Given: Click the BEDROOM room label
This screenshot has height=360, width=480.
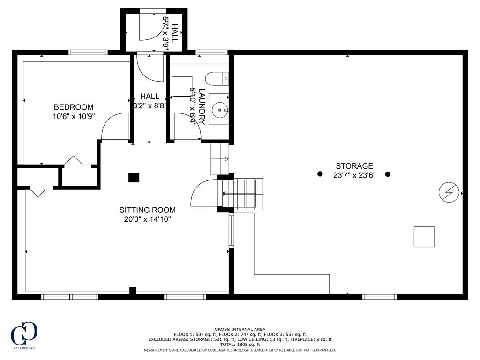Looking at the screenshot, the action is point(74,107).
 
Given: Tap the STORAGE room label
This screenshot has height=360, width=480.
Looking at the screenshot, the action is point(354,166).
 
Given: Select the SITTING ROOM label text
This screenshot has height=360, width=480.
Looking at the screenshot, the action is point(148,210).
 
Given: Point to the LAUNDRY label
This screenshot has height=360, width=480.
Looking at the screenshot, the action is point(202,106).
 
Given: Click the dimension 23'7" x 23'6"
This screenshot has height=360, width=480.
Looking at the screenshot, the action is point(354,175).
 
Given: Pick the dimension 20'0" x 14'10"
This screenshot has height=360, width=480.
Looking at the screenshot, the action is point(148,219).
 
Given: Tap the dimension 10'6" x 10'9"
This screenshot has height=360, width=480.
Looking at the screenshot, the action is point(74,116).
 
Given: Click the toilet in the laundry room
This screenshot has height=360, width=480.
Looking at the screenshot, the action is point(217,79).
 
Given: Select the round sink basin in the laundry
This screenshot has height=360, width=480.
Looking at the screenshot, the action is point(220,109).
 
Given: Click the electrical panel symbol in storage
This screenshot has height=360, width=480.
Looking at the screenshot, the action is point(449,192).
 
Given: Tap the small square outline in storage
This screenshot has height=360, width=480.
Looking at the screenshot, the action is point(424,237).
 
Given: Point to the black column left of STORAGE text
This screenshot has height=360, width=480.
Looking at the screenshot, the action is point(320,174).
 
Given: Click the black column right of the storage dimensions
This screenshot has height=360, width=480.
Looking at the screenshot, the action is point(388,174).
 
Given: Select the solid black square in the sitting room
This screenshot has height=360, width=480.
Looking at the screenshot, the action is point(134,178).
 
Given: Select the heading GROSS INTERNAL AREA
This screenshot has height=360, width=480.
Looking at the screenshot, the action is point(240,330).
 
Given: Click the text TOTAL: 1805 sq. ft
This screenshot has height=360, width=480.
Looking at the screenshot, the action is point(240,345).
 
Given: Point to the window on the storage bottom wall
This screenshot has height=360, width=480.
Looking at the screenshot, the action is point(380,297).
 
